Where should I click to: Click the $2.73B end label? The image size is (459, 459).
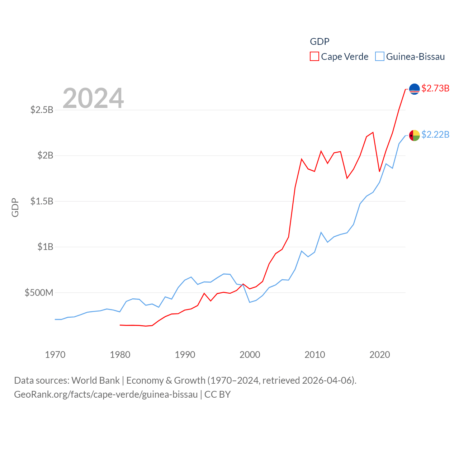click(x=435, y=88)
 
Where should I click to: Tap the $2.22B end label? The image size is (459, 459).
click(x=435, y=134)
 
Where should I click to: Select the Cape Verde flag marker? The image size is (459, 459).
click(x=414, y=89)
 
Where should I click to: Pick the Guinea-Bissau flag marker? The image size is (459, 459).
click(x=414, y=136)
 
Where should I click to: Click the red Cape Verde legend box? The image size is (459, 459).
click(x=314, y=57)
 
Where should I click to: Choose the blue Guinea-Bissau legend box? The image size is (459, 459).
click(x=380, y=57)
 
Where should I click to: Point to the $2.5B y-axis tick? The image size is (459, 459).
click(x=42, y=110)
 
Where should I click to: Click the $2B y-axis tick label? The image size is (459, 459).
click(x=45, y=155)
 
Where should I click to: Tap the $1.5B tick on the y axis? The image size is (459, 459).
click(x=42, y=201)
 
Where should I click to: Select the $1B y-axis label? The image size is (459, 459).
click(x=45, y=247)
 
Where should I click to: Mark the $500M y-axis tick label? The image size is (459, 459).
click(x=39, y=293)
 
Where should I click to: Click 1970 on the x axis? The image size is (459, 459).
click(x=55, y=355)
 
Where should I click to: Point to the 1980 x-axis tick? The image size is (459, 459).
click(x=120, y=355)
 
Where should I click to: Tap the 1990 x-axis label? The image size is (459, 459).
click(x=185, y=355)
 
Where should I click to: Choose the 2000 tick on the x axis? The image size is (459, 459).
click(x=250, y=355)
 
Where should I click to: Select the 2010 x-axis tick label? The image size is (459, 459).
click(x=315, y=355)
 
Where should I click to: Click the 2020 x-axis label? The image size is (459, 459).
click(x=380, y=355)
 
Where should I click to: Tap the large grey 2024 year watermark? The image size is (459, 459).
click(x=93, y=98)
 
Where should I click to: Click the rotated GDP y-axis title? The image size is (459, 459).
click(x=15, y=207)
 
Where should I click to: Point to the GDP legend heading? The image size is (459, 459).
click(x=320, y=42)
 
